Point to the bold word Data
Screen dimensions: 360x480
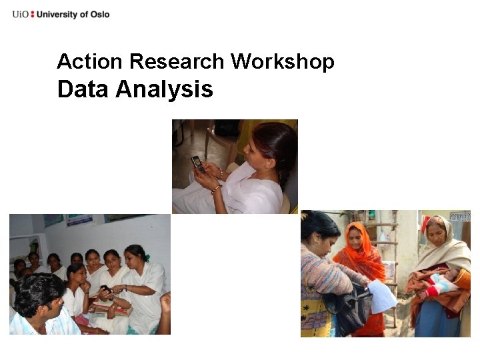83,89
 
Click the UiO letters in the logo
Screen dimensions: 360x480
20,14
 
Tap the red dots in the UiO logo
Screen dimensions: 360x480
33,14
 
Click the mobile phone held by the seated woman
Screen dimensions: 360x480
198,164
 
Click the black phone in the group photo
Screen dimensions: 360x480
104,289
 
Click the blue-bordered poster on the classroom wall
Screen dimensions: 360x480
79,219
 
